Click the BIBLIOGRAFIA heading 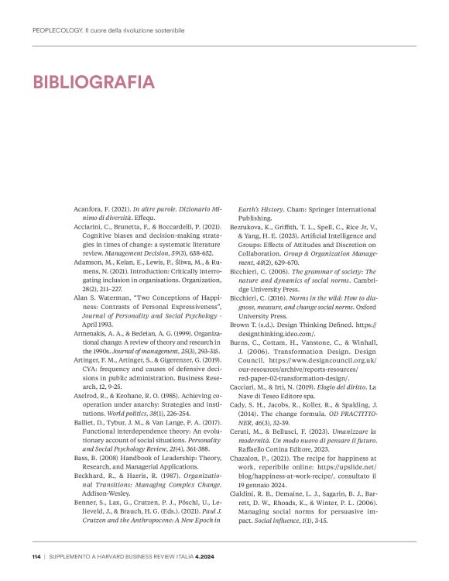(x=94, y=81)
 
